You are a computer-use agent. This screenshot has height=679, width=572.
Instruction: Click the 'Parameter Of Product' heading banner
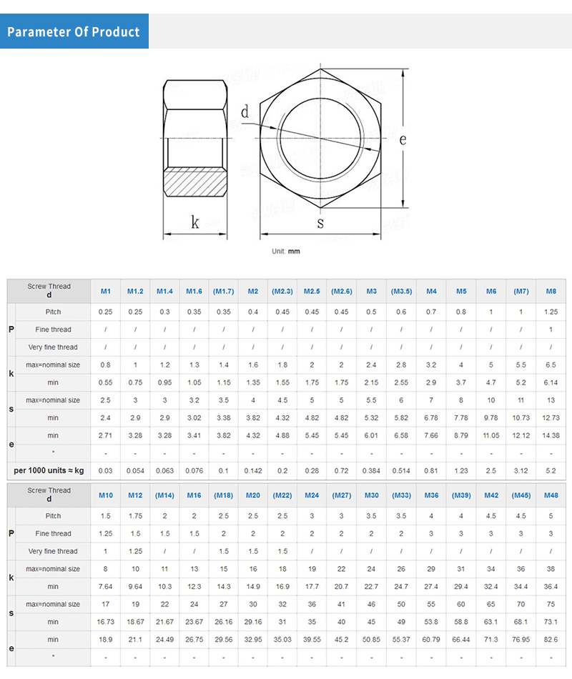(x=74, y=31)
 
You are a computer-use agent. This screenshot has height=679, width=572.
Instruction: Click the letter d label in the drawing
(x=245, y=111)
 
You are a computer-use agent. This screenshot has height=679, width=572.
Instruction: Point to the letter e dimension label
(x=403, y=139)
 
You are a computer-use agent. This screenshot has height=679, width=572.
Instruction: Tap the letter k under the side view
(x=195, y=222)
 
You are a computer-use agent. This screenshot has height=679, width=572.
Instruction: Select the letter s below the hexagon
(x=320, y=223)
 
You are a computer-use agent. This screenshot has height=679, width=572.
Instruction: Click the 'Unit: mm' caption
(x=286, y=251)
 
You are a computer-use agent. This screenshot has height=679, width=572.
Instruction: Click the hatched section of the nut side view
(x=195, y=182)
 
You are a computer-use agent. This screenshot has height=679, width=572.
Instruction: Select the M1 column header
(x=106, y=292)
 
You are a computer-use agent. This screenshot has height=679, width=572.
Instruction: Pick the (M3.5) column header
(x=402, y=292)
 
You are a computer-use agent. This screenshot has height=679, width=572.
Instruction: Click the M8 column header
(x=551, y=292)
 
